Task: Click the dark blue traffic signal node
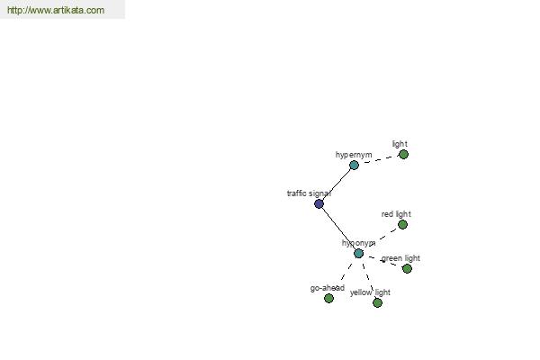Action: point(319,204)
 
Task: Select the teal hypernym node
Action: point(354,166)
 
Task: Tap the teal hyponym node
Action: point(358,254)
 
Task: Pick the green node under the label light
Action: point(403,154)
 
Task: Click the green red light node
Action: point(402,225)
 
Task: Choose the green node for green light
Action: point(407,268)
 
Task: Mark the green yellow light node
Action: point(377,302)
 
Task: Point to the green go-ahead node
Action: point(328,298)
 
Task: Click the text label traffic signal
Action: point(309,193)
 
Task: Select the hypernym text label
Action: point(354,155)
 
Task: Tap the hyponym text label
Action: point(358,243)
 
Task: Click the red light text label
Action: point(396,214)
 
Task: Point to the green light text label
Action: point(400,258)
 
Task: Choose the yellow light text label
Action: point(370,292)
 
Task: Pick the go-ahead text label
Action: point(328,288)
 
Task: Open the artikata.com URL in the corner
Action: point(56,10)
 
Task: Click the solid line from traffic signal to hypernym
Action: point(337,184)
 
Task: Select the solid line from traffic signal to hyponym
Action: point(339,229)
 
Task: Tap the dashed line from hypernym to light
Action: point(379,160)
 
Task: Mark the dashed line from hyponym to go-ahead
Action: point(346,272)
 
